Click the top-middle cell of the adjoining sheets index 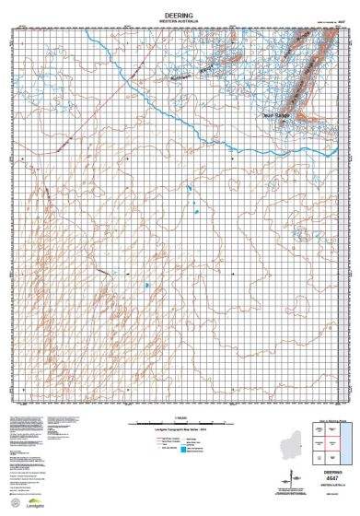(332, 428)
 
